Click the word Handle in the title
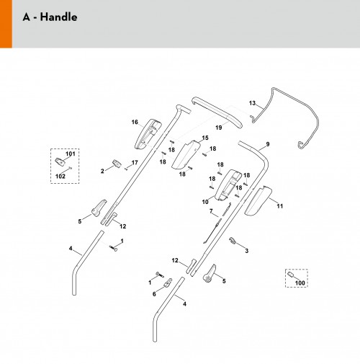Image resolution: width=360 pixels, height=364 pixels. [x=58, y=17]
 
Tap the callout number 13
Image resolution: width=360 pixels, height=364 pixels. [x=252, y=103]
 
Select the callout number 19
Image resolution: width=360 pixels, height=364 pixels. [x=219, y=128]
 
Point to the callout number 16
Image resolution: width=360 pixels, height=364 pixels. [x=135, y=122]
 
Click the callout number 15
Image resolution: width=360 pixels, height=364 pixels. [x=205, y=138]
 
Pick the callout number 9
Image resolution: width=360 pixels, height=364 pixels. [x=268, y=144]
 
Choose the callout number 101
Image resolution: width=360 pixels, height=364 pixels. [x=71, y=154]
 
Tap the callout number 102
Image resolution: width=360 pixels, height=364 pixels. [x=60, y=177]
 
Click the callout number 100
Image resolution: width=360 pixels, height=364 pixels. [x=300, y=283]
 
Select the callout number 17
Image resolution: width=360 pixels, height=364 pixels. [x=135, y=163]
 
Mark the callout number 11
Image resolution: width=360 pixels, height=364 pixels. [x=280, y=206]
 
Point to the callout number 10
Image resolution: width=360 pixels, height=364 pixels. [x=205, y=202]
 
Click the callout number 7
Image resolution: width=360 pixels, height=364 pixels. [x=211, y=211]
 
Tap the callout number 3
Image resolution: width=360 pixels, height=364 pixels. [x=247, y=251]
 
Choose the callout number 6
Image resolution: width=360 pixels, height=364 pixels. [x=154, y=294]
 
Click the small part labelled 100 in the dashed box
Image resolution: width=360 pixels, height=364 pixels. [x=291, y=275]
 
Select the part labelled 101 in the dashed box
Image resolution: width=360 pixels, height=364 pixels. [x=60, y=161]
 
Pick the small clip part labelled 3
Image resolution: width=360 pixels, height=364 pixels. [x=232, y=241]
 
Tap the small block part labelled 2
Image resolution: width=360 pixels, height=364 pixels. [x=117, y=164]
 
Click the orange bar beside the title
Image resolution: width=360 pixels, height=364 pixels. [x=6, y=24]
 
